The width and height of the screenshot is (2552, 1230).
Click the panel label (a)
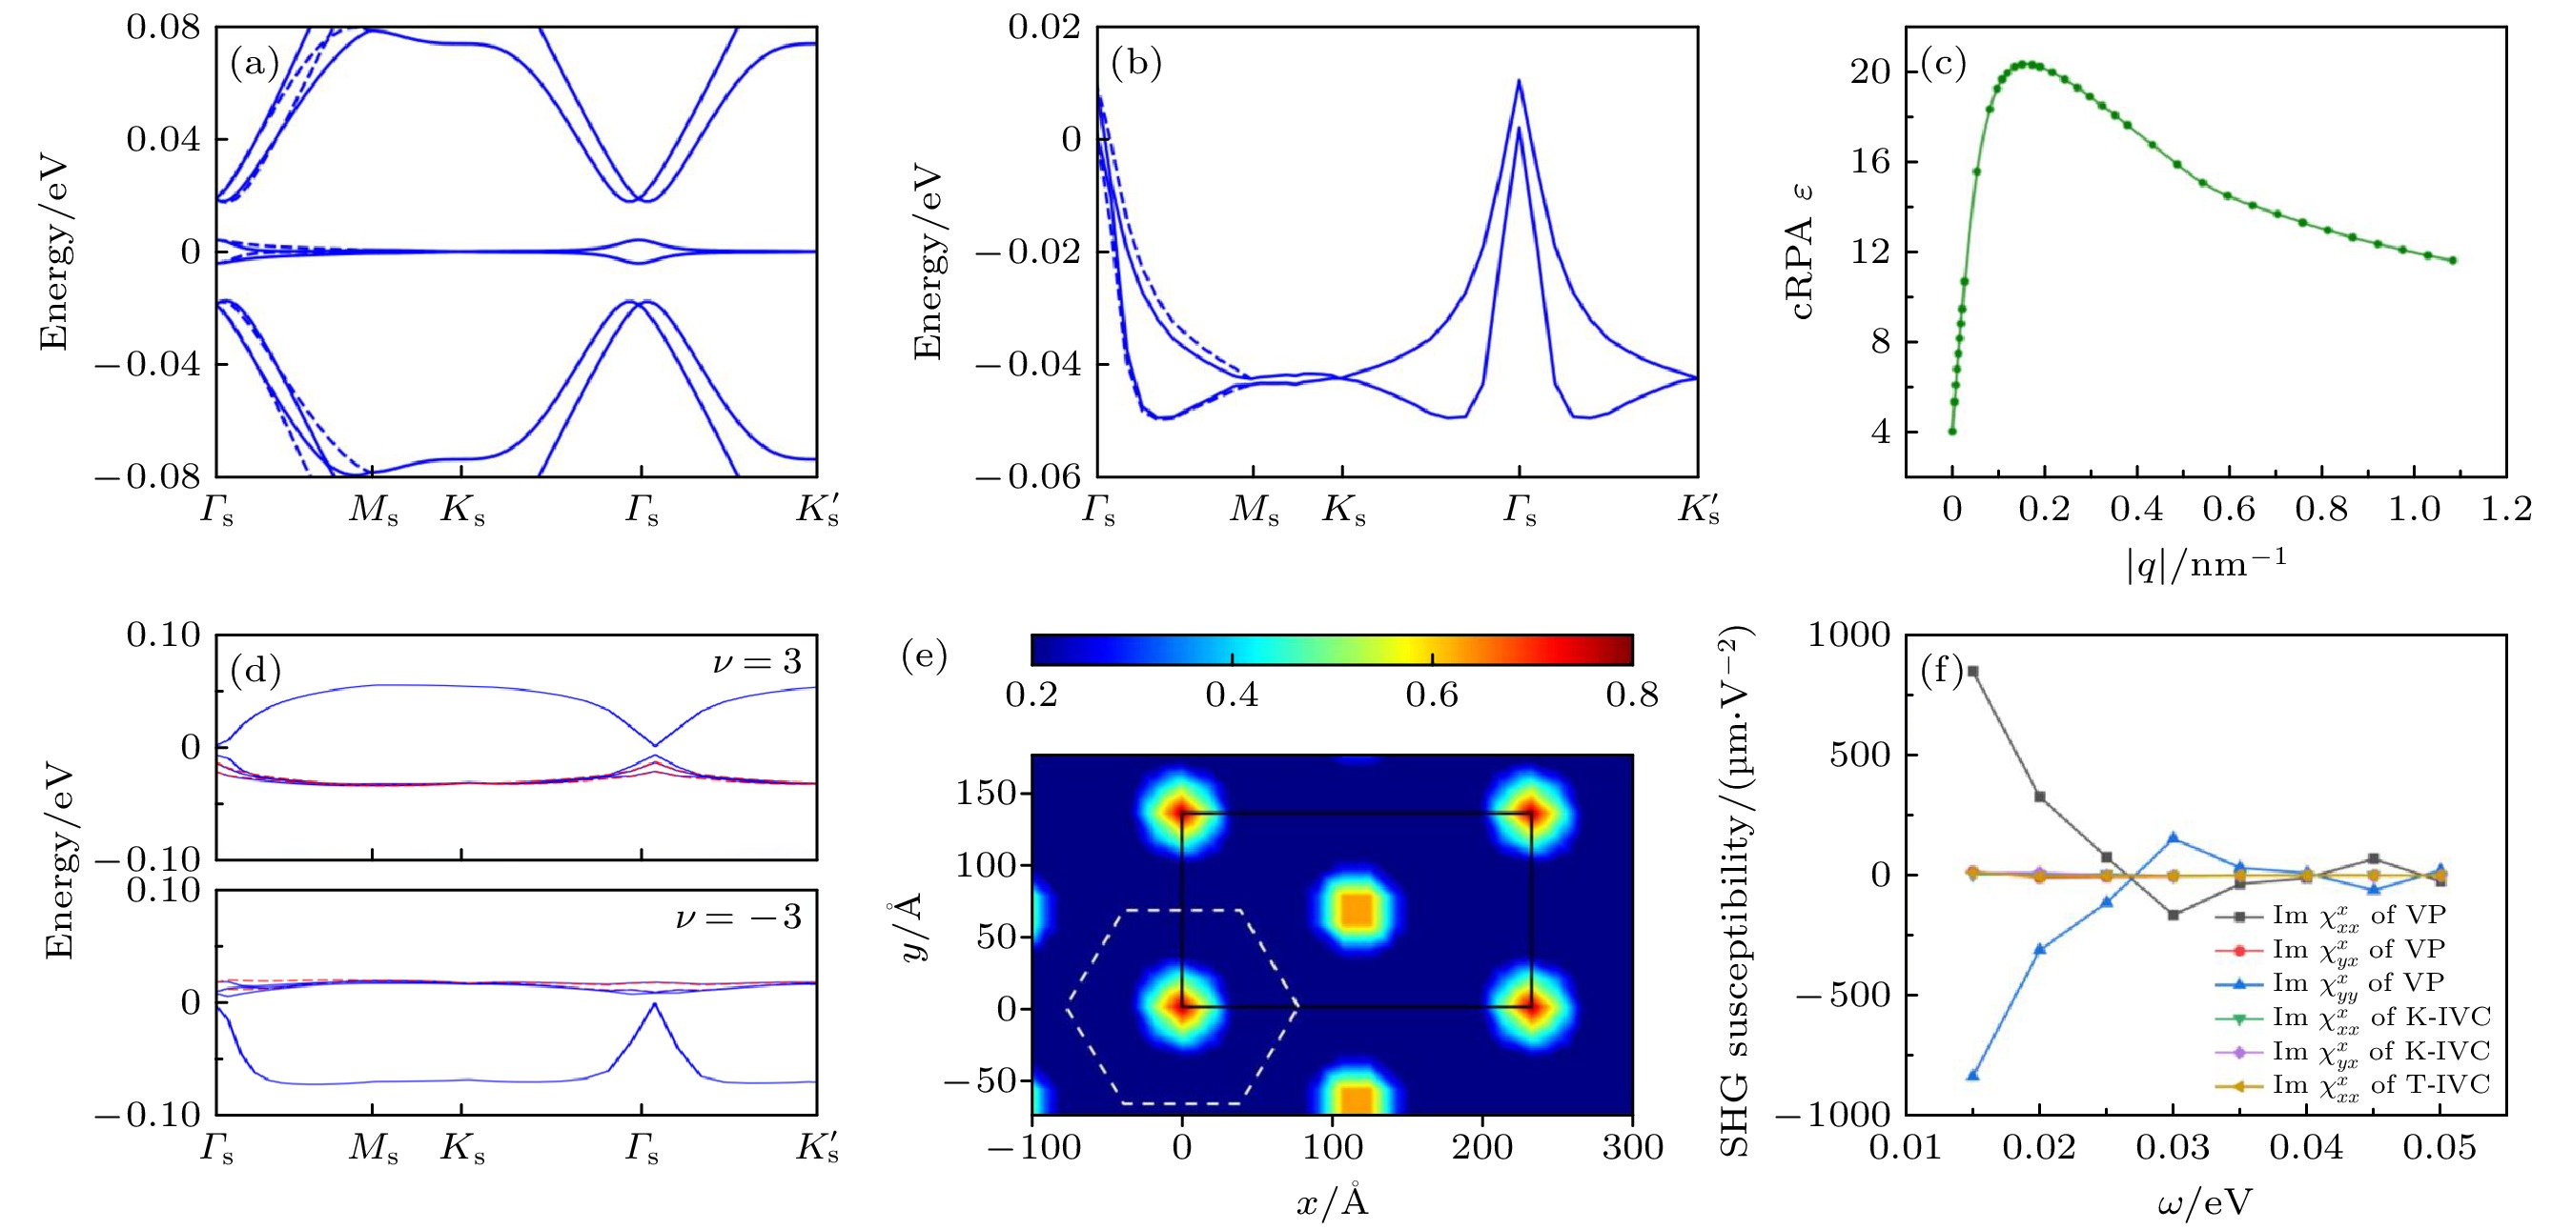(x=255, y=65)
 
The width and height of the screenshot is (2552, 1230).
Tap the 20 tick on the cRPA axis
(x=1870, y=71)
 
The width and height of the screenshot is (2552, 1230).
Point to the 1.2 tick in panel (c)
(x=2506, y=509)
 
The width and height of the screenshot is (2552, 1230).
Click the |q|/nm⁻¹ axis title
(x=2205, y=564)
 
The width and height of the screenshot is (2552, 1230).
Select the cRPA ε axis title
(x=1802, y=252)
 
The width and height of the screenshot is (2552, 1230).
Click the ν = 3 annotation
(x=757, y=661)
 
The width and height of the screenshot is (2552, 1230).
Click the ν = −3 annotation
(x=738, y=917)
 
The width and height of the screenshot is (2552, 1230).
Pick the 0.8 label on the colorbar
(x=1632, y=695)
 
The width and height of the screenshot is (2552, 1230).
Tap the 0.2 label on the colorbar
(x=1031, y=695)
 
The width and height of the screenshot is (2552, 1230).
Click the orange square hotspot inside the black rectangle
(x=1357, y=909)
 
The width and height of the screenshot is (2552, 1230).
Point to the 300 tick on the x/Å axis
(x=1632, y=1147)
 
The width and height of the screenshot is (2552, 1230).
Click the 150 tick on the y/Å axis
(x=986, y=793)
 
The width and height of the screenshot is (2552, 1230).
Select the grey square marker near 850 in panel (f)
(x=1972, y=672)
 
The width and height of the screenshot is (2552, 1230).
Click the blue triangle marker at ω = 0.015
(x=1972, y=1075)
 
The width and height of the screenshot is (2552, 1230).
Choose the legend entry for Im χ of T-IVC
(x=2378, y=1085)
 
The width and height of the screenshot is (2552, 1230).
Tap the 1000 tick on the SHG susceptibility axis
(x=1848, y=635)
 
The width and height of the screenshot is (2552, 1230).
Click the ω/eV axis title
(x=2204, y=1202)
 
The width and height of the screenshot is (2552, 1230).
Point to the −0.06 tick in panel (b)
(x=1029, y=477)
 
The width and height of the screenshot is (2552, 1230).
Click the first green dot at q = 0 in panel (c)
(x=1952, y=431)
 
